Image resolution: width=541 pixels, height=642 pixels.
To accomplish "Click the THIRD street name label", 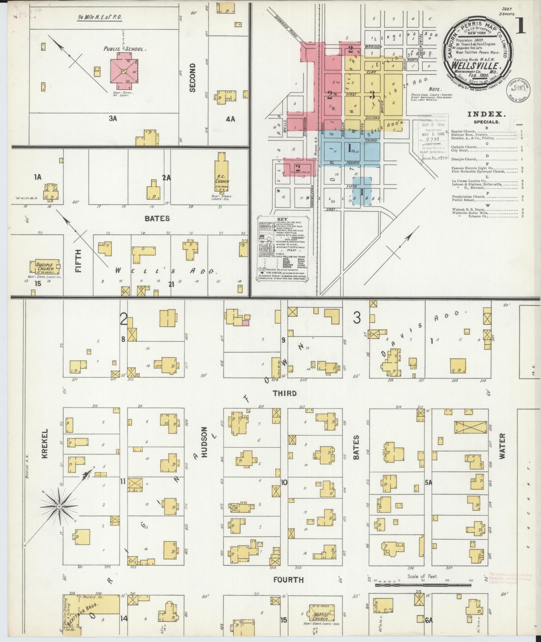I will [285, 393].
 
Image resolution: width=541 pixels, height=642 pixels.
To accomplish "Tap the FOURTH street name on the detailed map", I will [288, 580].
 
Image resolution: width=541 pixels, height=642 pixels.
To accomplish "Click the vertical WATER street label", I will [502, 446].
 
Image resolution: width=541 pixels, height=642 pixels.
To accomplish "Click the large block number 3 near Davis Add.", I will [357, 317].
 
